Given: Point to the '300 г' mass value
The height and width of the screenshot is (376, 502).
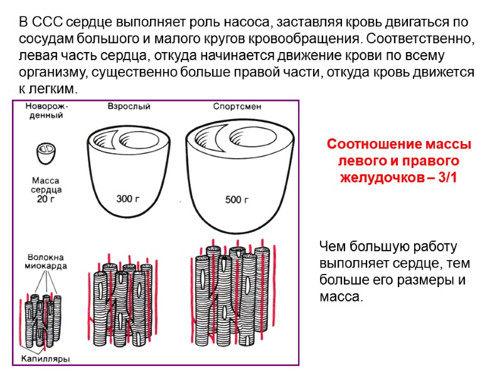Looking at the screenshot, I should [x=129, y=199].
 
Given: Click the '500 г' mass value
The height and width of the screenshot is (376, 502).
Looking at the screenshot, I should [x=237, y=201].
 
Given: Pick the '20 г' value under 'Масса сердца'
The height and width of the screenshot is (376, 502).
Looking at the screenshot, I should [x=46, y=200].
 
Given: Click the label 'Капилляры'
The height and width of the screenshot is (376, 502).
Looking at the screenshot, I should [x=46, y=358].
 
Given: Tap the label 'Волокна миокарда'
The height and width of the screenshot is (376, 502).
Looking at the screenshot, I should [x=47, y=261].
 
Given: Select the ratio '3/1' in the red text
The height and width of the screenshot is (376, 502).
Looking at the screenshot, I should [x=448, y=177].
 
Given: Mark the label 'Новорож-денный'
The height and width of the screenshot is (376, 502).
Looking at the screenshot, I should [x=47, y=111].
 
